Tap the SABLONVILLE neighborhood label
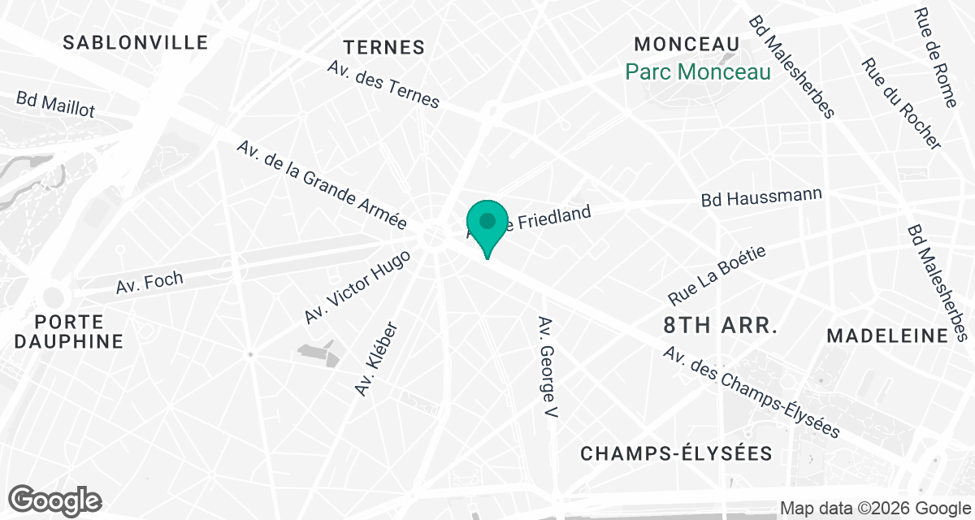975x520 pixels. pos(136,42)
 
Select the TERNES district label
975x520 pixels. pos(384,47)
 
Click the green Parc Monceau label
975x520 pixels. pos(697,72)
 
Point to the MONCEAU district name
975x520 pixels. pos(687,44)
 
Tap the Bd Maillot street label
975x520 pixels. pos(55,104)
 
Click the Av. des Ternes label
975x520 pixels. pos(383,83)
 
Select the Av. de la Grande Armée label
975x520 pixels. pos(321,185)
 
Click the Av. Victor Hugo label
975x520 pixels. pos(357,286)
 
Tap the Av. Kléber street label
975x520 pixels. pos(377,359)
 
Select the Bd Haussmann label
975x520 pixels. pos(761,197)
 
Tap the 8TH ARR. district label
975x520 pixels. pos(721,326)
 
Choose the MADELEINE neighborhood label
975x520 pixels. pos(886,336)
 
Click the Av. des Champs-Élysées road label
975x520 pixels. pos(751,392)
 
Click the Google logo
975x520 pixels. pos(55,500)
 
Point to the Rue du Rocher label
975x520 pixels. pos(901,103)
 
